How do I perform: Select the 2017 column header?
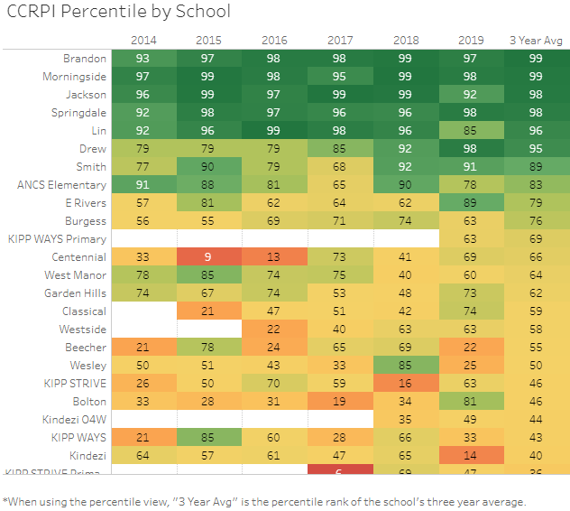point(340,41)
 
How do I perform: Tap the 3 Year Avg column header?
point(537,41)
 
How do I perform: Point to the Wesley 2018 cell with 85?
point(405,366)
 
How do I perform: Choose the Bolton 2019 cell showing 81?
point(470,402)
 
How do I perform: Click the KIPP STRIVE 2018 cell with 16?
point(405,384)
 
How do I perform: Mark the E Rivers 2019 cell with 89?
point(470,203)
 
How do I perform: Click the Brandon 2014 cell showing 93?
point(142,59)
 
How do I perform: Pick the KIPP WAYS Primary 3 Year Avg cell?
point(537,239)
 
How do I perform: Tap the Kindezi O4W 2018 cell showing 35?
point(405,420)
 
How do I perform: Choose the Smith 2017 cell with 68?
point(340,167)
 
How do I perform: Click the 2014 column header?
point(142,41)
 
